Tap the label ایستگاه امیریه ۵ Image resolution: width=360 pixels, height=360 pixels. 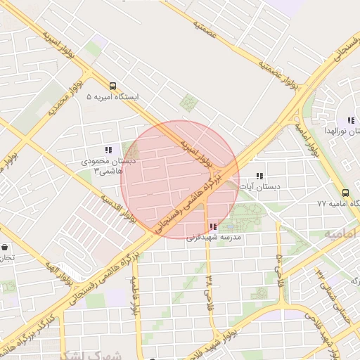pos(113,96)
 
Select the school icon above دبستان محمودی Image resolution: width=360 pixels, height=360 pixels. pos(108,150)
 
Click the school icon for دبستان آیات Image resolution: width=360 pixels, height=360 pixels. pos(259,176)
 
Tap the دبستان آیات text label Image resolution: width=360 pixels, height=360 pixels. pos(259,187)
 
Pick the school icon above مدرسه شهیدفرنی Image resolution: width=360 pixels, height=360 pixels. pos(212,226)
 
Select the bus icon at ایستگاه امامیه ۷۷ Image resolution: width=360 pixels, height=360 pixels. pos(345,193)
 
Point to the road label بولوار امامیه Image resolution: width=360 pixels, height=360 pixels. pos(307,140)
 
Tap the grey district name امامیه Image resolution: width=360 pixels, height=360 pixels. pos(340,234)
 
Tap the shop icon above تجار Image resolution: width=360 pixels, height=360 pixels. pos(6,247)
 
